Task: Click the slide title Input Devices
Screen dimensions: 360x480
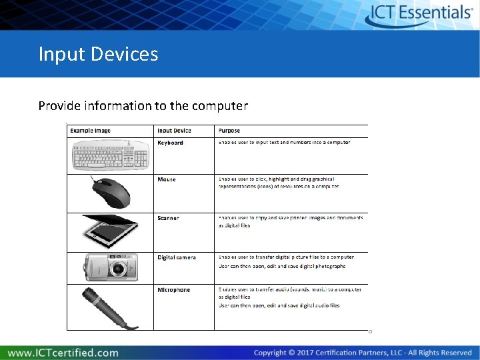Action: tap(98, 53)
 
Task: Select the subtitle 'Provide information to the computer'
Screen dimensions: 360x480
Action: tap(143, 105)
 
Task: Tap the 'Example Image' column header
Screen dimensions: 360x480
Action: tap(91, 131)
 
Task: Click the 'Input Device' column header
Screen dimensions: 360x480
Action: tap(174, 131)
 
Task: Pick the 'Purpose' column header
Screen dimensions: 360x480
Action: tap(229, 131)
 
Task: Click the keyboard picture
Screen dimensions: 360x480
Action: tap(110, 157)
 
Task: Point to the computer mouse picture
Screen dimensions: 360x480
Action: tap(111, 193)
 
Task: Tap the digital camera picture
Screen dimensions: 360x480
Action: tap(111, 267)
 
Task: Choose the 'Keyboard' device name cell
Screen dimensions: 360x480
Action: tap(170, 143)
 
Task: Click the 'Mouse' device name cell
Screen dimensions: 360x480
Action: tap(167, 179)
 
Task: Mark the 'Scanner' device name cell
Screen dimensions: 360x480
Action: tap(168, 218)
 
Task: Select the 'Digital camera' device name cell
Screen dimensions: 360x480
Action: tap(177, 257)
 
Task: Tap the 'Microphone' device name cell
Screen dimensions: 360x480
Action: tap(173, 290)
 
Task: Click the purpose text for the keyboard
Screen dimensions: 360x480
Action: tap(284, 142)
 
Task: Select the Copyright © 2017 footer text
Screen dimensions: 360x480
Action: tap(363, 352)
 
